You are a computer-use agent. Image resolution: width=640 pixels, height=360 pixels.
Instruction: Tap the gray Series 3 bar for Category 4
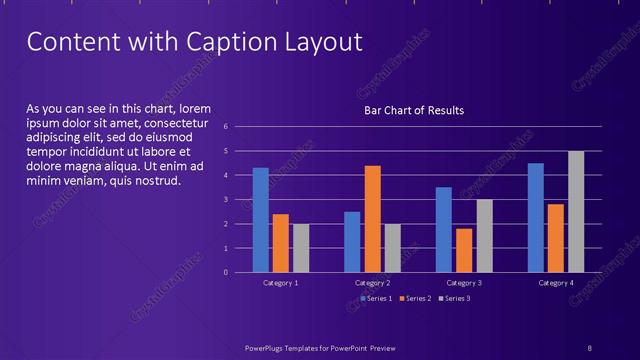[576, 211]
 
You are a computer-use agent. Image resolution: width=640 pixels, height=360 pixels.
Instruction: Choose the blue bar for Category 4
[536, 217]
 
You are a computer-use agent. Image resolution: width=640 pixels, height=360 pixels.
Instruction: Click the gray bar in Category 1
[301, 248]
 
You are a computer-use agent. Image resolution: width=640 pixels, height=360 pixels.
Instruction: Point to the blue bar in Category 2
[352, 241]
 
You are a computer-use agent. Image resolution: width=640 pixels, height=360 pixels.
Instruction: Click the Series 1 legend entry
[375, 298]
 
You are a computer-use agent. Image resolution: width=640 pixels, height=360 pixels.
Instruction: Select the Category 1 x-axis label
[280, 284]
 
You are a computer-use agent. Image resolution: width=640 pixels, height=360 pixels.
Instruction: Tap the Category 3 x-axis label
[464, 284]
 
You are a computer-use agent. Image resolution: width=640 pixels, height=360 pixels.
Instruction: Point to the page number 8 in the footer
[589, 347]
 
